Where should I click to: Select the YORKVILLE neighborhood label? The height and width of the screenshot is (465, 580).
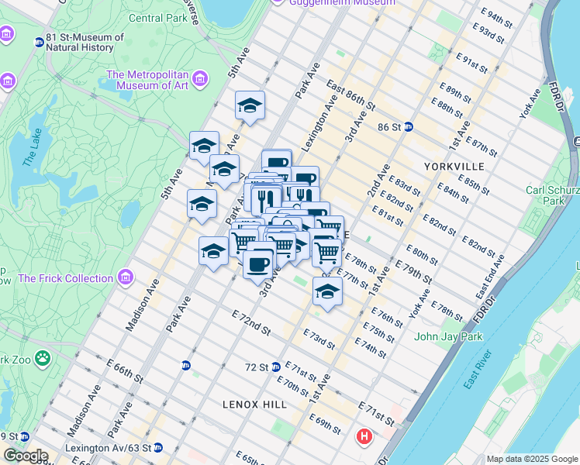point(454,167)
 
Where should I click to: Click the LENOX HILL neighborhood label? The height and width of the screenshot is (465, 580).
point(254,405)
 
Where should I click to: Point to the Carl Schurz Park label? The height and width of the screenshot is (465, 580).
point(552,195)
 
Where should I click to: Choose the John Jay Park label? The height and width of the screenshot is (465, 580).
point(448,336)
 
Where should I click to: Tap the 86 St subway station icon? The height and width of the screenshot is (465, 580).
point(408,126)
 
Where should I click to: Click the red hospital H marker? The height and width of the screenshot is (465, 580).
point(364,438)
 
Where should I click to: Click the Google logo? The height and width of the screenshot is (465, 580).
point(25,456)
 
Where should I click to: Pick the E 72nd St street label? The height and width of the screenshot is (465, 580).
point(250,322)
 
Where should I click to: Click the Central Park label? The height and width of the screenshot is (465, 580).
point(157,18)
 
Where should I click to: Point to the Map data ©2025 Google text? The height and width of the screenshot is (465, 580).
point(532,459)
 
